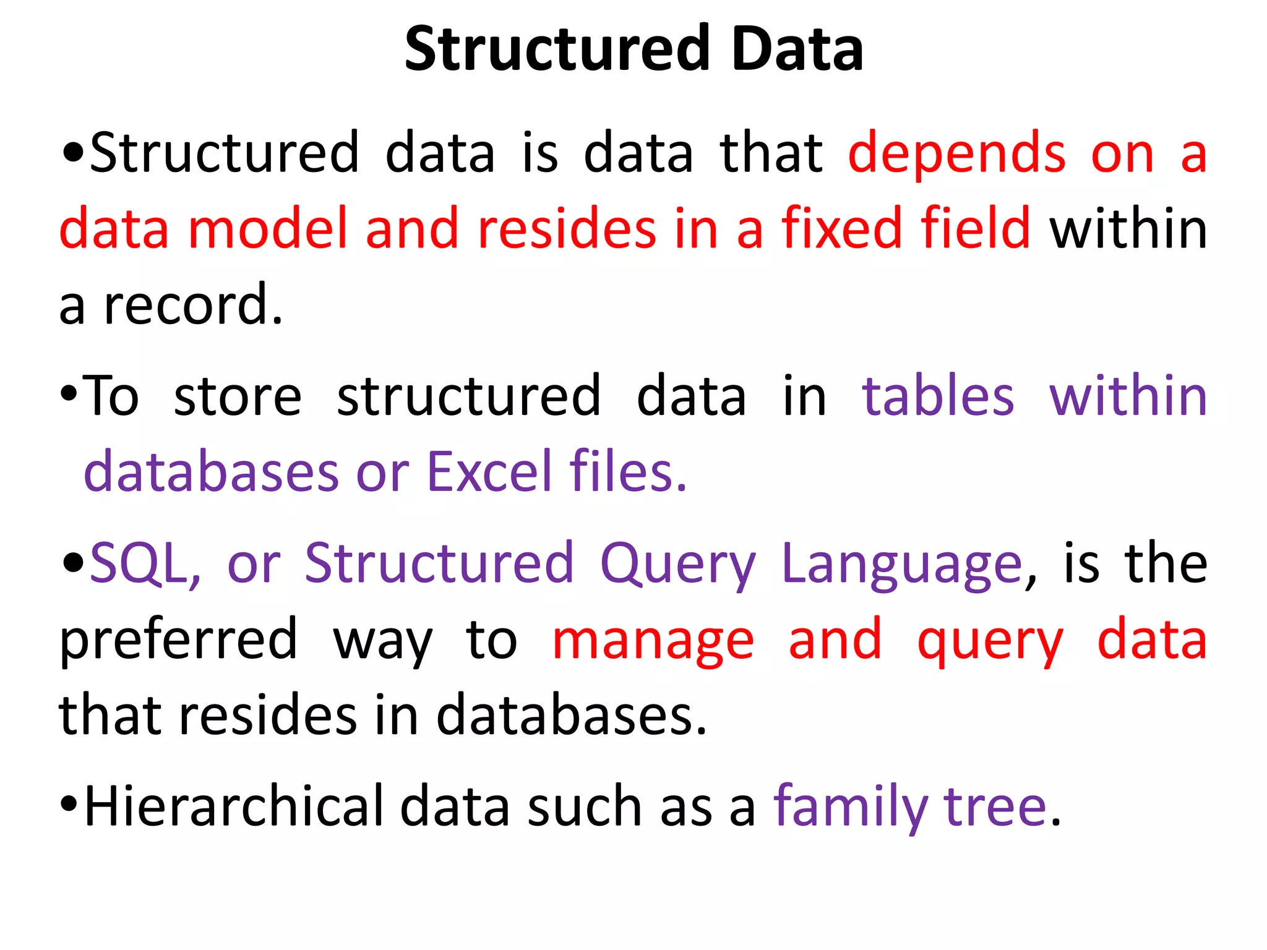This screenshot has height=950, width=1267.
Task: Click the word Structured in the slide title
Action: [x=557, y=49]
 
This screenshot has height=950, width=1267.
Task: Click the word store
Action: [x=238, y=397]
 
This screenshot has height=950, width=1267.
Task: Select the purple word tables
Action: [x=938, y=397]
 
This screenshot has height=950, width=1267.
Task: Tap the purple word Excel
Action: [x=489, y=473]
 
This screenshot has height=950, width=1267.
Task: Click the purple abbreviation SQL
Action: [x=145, y=564]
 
